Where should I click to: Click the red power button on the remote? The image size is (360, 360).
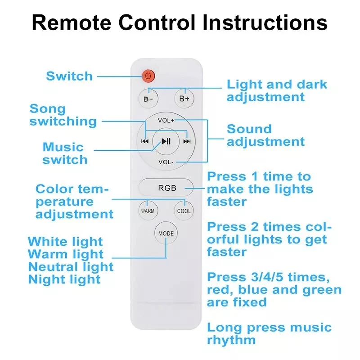click(148, 76)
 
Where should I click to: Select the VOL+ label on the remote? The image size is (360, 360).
click(166, 121)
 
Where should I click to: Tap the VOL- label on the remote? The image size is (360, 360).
click(166, 162)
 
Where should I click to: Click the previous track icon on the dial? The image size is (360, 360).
click(145, 141)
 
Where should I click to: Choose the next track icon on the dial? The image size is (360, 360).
click(187, 141)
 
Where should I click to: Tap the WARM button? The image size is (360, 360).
click(148, 211)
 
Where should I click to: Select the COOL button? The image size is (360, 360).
click(184, 211)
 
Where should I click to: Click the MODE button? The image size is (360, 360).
click(166, 233)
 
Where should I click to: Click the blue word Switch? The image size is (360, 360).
click(69, 76)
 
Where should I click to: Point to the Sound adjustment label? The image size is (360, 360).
click(265, 135)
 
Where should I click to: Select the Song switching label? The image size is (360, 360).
click(63, 115)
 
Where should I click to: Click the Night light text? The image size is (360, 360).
click(64, 279)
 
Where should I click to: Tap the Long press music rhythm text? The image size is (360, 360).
click(269, 333)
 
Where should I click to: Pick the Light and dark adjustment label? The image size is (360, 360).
click(276, 90)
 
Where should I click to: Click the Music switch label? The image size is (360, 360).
click(65, 153)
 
